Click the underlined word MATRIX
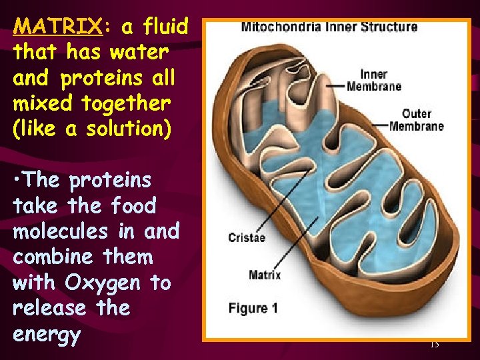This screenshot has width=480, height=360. [x=57, y=27]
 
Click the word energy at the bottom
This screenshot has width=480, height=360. [x=45, y=335]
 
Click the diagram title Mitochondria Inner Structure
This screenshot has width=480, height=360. [x=329, y=27]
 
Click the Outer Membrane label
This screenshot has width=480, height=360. [x=417, y=119]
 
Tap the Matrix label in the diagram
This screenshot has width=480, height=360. [x=265, y=275]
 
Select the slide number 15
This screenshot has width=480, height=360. [x=434, y=344]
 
